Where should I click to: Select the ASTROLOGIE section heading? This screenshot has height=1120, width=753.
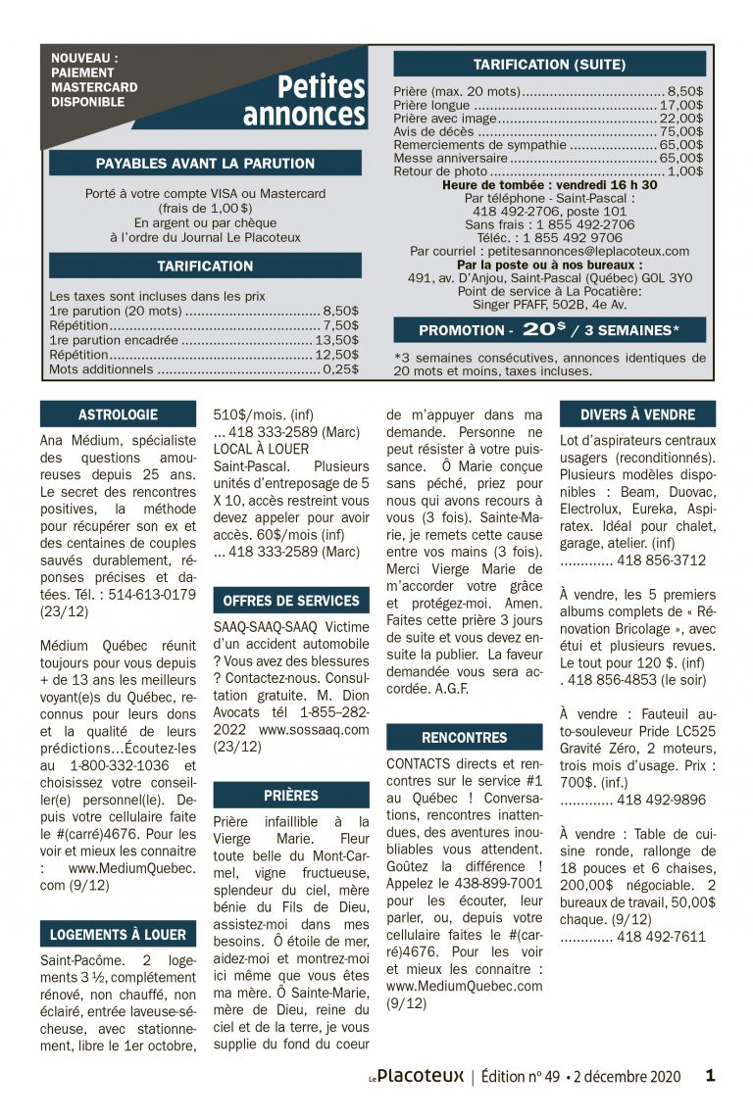(x=118, y=414)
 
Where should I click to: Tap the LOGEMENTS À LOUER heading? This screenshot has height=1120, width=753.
(x=118, y=935)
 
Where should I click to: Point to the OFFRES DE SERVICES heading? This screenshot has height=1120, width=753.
(x=291, y=601)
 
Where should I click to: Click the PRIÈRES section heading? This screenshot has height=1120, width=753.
(x=291, y=796)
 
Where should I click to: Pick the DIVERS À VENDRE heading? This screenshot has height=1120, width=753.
(x=637, y=414)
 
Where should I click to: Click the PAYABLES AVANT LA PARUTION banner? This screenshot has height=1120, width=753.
(x=205, y=164)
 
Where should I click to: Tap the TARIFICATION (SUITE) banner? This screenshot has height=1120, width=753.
(x=549, y=65)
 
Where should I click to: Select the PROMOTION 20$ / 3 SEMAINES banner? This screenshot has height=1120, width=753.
(x=549, y=330)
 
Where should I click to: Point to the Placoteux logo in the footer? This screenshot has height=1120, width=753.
(x=417, y=1076)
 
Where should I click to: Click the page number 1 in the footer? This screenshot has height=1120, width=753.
(x=710, y=1075)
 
